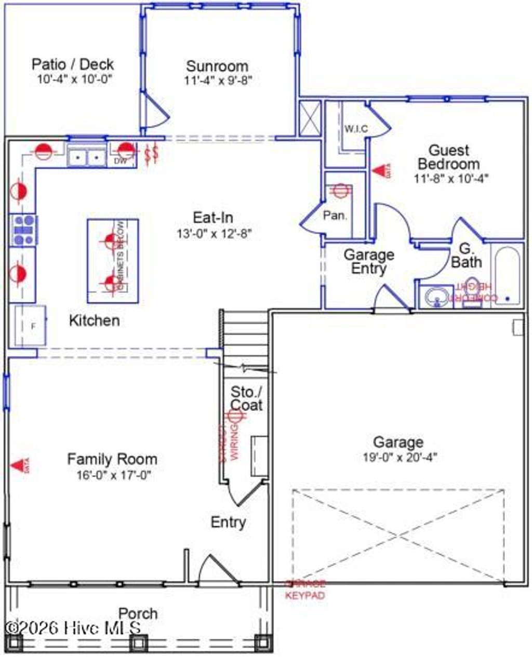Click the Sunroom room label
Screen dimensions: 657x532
[x=217, y=66]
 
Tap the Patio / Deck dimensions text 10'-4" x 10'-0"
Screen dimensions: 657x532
[x=74, y=79]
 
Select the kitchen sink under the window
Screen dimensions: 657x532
[x=86, y=156]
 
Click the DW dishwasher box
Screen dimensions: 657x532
[x=119, y=162]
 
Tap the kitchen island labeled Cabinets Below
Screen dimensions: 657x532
[x=113, y=261]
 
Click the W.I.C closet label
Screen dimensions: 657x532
[x=356, y=128]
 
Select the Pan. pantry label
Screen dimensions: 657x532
[x=335, y=215]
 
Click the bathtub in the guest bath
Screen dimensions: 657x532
[x=506, y=276]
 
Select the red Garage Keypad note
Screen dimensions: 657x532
[x=305, y=590]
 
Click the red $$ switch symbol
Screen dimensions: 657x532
[x=151, y=154]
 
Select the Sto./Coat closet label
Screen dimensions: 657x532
[x=246, y=398]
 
